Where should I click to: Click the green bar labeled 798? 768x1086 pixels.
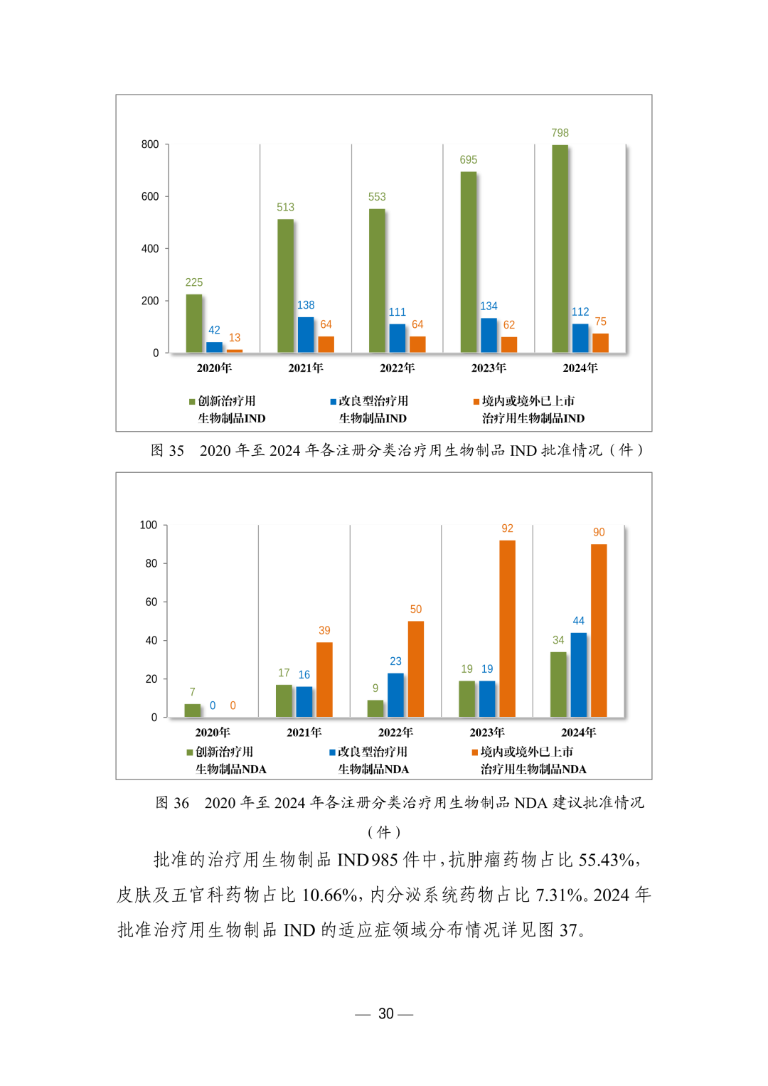pyautogui.click(x=560, y=248)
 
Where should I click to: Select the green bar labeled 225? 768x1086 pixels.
pyautogui.click(x=193, y=324)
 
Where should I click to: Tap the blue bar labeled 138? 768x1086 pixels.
pyautogui.click(x=306, y=335)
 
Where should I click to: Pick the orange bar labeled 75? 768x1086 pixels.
pyautogui.click(x=601, y=343)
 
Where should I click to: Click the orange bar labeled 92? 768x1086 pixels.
pyautogui.click(x=507, y=629)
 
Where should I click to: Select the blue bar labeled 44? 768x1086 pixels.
pyautogui.click(x=579, y=675)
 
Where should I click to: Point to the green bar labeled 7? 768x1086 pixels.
pyautogui.click(x=192, y=710)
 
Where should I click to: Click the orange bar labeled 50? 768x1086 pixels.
pyautogui.click(x=416, y=669)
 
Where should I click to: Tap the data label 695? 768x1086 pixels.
pyautogui.click(x=468, y=160)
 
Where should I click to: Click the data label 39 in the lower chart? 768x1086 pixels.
pyautogui.click(x=324, y=631)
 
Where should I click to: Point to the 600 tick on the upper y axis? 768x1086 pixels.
pyautogui.click(x=150, y=197)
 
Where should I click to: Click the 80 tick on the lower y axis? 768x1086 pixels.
pyautogui.click(x=151, y=563)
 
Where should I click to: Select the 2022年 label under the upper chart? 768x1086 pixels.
pyautogui.click(x=397, y=368)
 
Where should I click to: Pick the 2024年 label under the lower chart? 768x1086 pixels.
pyautogui.click(x=579, y=733)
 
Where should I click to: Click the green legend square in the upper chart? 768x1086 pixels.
pyautogui.click(x=192, y=402)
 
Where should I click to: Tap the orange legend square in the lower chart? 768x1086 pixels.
pyautogui.click(x=475, y=752)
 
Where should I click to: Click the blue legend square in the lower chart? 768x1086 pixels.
pyautogui.click(x=332, y=752)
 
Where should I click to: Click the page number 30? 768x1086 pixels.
pyautogui.click(x=385, y=1013)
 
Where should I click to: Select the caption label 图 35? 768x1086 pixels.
pyautogui.click(x=167, y=450)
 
